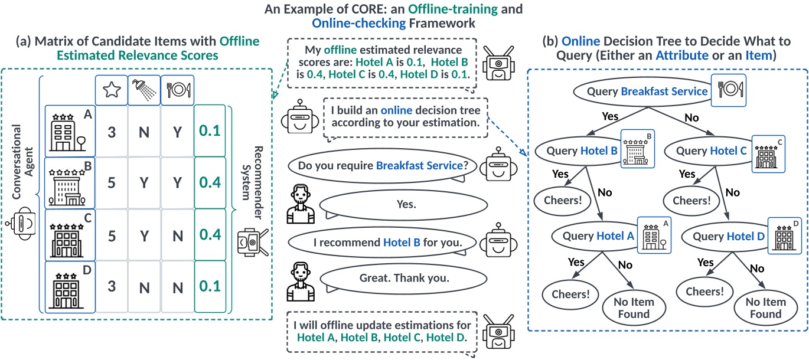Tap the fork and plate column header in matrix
177,89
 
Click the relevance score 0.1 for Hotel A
209,130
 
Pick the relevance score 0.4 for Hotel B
209,182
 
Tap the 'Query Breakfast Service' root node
640,91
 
